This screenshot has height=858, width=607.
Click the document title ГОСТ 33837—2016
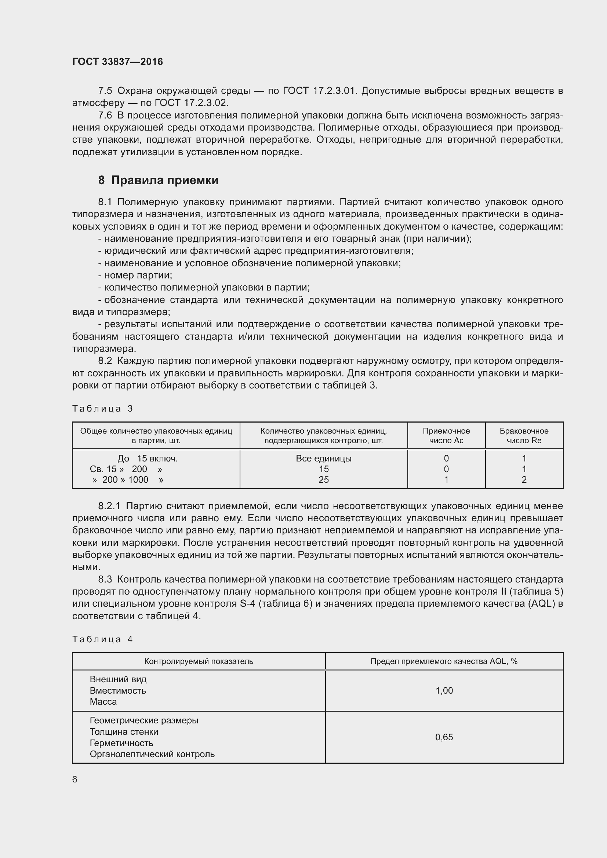coord(117,62)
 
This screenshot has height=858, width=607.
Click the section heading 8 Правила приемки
coord(158,180)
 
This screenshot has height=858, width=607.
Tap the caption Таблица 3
coord(102,408)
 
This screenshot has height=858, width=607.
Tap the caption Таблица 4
coord(102,639)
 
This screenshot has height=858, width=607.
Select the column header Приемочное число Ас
coord(446,436)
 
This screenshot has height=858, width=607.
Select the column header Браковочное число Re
coord(524,436)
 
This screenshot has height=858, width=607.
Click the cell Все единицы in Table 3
coord(323,458)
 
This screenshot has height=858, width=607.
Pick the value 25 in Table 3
coord(323,479)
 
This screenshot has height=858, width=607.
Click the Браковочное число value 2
coord(524,479)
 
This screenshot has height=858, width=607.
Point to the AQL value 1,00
coord(444,690)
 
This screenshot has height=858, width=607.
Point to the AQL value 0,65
coord(444,737)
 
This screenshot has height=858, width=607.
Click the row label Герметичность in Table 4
coord(121,743)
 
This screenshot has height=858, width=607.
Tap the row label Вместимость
coord(117,691)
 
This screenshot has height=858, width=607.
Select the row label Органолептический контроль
coord(152,754)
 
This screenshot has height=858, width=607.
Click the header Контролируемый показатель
coord(199,661)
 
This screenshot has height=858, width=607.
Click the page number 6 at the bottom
coord(75,779)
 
